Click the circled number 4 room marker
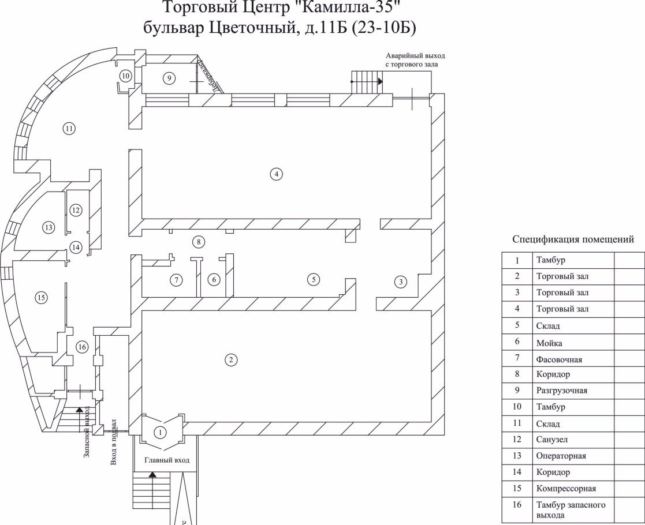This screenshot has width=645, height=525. click(x=277, y=174)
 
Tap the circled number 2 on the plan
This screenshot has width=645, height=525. click(x=230, y=360)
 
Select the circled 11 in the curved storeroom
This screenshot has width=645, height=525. click(x=69, y=128)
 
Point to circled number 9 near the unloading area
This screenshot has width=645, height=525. click(x=169, y=78)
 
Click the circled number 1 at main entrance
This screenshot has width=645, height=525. click(x=161, y=432)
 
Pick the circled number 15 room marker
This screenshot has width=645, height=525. click(x=40, y=298)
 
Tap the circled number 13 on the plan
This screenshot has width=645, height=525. click(x=49, y=228)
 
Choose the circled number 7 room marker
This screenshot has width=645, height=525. click(x=176, y=280)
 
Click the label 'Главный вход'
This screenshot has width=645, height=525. click(x=167, y=460)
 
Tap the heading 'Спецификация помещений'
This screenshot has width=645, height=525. click(x=573, y=239)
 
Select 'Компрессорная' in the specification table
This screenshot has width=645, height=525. click(x=566, y=489)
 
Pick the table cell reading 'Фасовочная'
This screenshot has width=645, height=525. click(x=559, y=359)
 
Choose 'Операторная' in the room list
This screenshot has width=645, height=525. click(x=561, y=456)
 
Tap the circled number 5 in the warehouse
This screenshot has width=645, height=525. click(x=314, y=279)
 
